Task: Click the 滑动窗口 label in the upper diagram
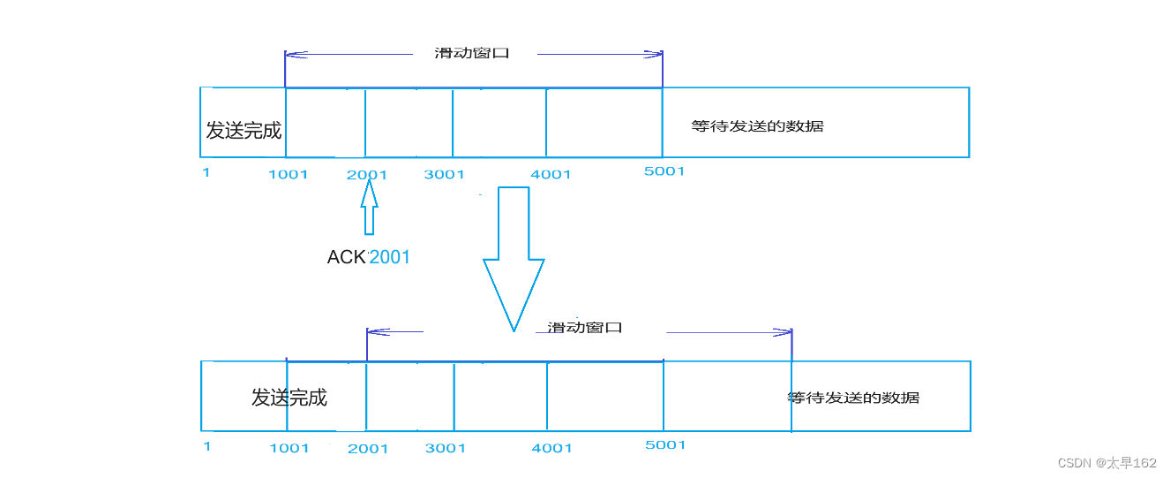coord(473,53)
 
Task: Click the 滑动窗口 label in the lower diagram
coord(585,327)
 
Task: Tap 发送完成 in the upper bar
coord(244,131)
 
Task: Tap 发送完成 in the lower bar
coord(289,398)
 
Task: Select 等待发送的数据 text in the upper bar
coord(757,126)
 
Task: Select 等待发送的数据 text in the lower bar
coord(853,398)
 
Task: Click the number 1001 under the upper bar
coord(289,174)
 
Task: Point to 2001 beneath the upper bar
coord(367,174)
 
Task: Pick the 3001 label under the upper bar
coord(444,174)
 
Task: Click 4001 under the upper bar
coord(551,174)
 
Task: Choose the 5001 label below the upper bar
coord(664,171)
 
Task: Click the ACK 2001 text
coord(369,257)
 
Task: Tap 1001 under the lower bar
coord(289,448)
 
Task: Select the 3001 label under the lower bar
coord(446,448)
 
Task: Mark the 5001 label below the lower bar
coord(665,445)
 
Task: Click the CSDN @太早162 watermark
coord(1106,463)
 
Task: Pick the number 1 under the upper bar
coord(206,172)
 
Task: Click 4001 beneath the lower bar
coord(551,448)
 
